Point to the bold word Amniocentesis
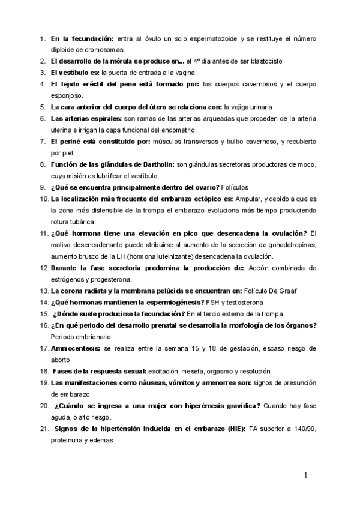pos(76,348)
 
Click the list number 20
pos(44,406)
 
